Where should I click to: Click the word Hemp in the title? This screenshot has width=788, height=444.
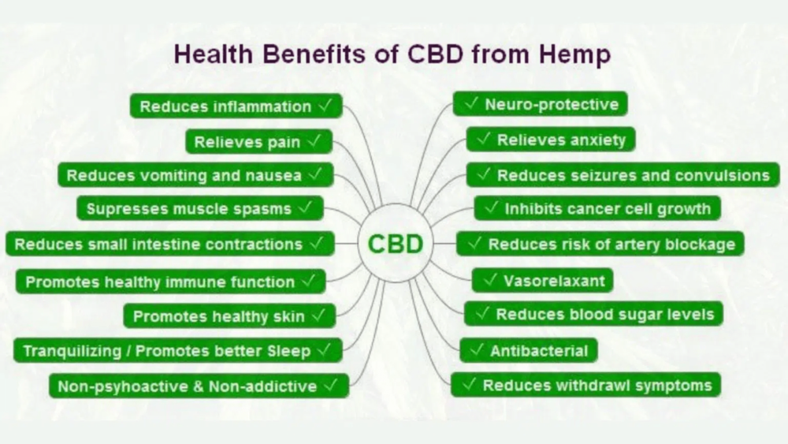point(575,54)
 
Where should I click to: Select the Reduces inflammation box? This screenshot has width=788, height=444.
point(236,106)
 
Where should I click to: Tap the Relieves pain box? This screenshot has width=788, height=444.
point(258,142)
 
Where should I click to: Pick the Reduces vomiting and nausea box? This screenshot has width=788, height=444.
point(195,175)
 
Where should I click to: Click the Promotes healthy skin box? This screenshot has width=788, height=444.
point(229,315)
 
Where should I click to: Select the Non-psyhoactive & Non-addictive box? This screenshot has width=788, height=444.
point(199,386)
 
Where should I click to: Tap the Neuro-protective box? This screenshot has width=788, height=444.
point(541,104)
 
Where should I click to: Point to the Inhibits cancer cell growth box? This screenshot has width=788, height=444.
point(597,208)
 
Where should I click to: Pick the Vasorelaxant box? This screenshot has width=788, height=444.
point(543,281)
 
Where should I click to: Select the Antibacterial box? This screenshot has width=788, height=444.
point(529,350)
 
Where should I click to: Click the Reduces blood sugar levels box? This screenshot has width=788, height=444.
point(593,314)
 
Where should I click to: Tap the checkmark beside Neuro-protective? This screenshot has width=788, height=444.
point(471,103)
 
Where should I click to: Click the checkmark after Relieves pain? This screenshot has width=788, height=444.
point(314,141)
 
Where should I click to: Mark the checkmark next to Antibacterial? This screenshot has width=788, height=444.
point(477,349)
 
